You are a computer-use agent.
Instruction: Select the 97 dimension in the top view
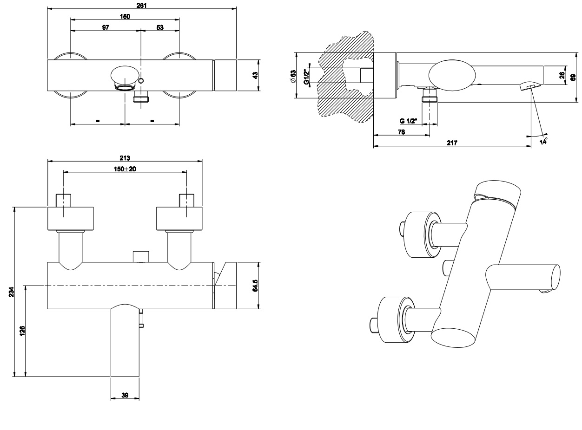click(x=106, y=28)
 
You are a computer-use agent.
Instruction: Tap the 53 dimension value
click(x=160, y=28)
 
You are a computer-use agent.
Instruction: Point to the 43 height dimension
click(x=255, y=76)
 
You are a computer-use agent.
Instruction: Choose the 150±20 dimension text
click(x=125, y=169)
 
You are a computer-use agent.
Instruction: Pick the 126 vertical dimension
click(x=22, y=331)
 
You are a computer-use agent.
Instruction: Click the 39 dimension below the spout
click(x=125, y=395)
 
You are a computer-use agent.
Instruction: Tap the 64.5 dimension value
click(x=255, y=286)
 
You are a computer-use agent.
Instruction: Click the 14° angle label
click(x=543, y=141)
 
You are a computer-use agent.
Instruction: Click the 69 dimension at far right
click(x=574, y=77)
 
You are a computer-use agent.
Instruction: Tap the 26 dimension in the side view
click(x=562, y=76)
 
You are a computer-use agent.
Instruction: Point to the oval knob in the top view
click(x=125, y=74)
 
